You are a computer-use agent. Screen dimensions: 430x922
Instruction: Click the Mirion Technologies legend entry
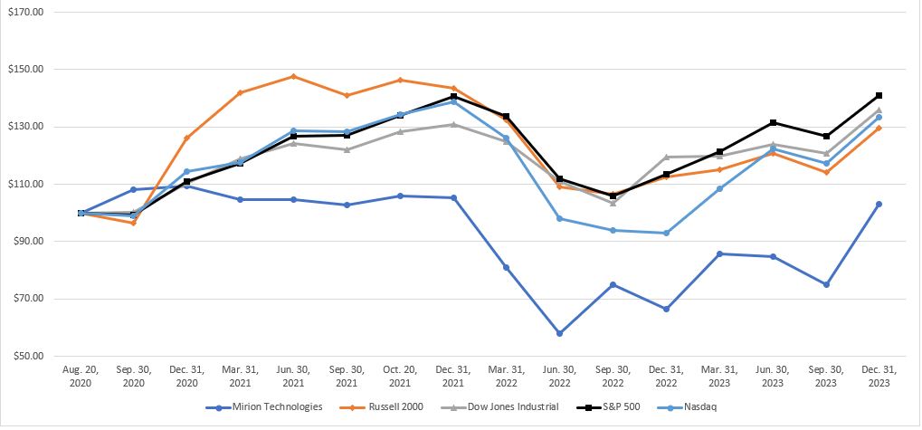pos(272,406)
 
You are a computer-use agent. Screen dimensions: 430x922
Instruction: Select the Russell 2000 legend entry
pos(393,406)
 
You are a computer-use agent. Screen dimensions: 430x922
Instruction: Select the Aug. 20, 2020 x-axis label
pos(81,377)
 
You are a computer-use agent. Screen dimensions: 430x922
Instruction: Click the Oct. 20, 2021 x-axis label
pos(400,377)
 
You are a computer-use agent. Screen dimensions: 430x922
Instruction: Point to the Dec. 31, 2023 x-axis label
pos(879,377)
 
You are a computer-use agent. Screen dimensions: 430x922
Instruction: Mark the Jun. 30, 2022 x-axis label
pos(559,377)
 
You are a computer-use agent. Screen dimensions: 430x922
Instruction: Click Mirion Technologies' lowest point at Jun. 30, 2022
pos(559,333)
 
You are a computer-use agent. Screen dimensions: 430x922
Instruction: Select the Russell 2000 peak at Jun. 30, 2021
pos(293,76)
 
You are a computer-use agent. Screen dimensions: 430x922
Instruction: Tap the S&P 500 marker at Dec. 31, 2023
pos(879,95)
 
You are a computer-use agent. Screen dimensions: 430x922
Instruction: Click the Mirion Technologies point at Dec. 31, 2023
pos(879,204)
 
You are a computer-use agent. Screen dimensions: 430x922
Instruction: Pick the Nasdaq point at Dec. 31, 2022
pos(666,233)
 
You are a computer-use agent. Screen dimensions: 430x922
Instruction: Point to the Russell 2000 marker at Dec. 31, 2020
pos(187,138)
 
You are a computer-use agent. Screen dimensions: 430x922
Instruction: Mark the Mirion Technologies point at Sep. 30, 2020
pos(134,189)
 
